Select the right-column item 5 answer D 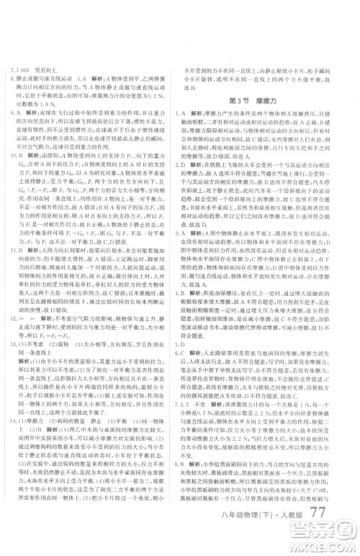point(193,364)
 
